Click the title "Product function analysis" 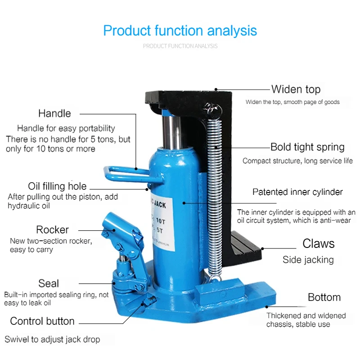click(x=180, y=31)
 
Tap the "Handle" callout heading click(x=54, y=113)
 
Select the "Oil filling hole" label click(x=57, y=186)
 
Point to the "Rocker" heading click(x=52, y=229)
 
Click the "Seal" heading click(x=49, y=283)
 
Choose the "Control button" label click(x=42, y=321)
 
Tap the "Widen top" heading click(x=296, y=89)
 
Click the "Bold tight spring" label click(x=307, y=147)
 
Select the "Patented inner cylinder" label click(x=297, y=192)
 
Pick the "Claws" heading click(x=319, y=244)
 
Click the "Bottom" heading click(x=324, y=297)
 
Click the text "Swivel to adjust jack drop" click(x=52, y=339)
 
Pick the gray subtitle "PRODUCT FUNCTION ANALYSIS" click(x=180, y=46)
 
